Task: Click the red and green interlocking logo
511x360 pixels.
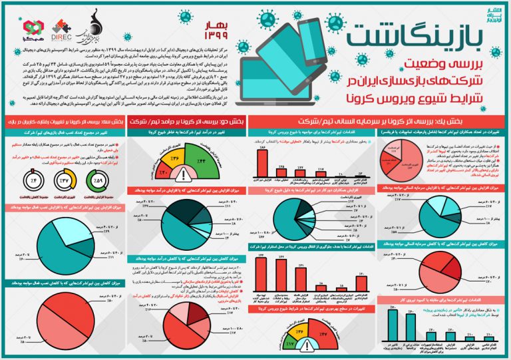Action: tap(34, 29)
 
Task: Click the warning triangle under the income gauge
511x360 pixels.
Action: tap(182, 175)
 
